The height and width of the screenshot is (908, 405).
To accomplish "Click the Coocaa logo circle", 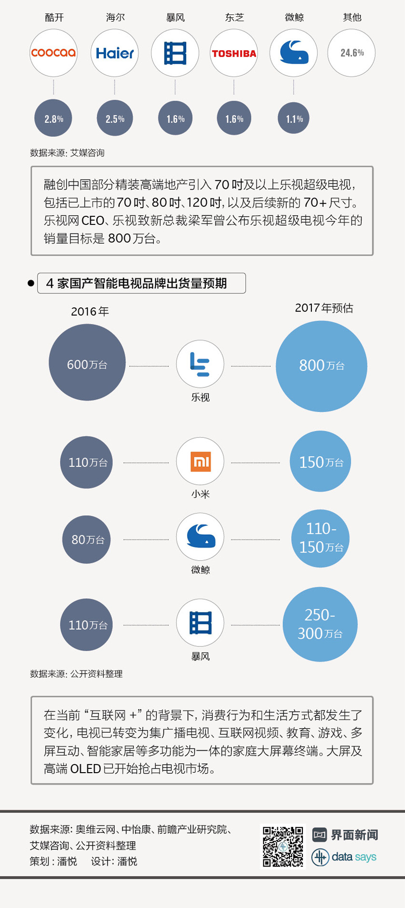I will pyautogui.click(x=54, y=53).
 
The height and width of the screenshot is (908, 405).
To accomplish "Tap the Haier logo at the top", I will pyautogui.click(x=115, y=53).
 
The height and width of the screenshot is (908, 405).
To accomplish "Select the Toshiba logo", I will pyautogui.click(x=234, y=53).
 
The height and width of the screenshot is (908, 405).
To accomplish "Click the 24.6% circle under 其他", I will pyautogui.click(x=351, y=53).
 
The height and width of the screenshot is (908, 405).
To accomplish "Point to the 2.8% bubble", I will pyautogui.click(x=54, y=118).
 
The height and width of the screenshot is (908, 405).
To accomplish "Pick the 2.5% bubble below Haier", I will pyautogui.click(x=115, y=118).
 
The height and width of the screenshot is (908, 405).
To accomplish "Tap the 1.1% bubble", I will pyautogui.click(x=294, y=118).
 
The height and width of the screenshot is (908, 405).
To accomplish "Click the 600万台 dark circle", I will pyautogui.click(x=87, y=362).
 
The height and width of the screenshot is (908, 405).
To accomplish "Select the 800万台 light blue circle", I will pyautogui.click(x=322, y=366).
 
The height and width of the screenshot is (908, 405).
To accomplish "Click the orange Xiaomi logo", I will pyautogui.click(x=200, y=461).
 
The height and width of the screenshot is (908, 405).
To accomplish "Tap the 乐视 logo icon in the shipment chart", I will pyautogui.click(x=200, y=364).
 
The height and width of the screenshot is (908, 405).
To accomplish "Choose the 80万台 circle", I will pyautogui.click(x=87, y=540).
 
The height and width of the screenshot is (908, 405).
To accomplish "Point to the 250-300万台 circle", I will pyautogui.click(x=320, y=624).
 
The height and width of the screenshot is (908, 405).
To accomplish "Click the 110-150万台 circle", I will pyautogui.click(x=321, y=538).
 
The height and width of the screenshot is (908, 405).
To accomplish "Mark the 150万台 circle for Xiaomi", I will pyautogui.click(x=321, y=461).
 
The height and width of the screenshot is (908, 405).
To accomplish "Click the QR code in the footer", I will pyautogui.click(x=283, y=847).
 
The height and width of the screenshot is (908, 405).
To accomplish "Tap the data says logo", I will pyautogui.click(x=344, y=857).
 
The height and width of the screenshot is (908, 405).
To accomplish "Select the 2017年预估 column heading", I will pyautogui.click(x=324, y=308).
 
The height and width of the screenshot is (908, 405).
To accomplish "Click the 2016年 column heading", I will pyautogui.click(x=90, y=312).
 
